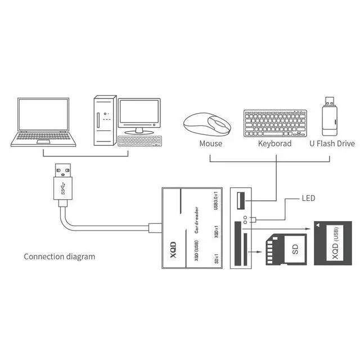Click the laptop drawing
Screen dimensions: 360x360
[x=43, y=122]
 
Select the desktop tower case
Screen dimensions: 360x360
[x=105, y=120]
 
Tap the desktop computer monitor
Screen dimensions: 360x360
[x=139, y=116]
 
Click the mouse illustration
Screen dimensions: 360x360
[x=207, y=124]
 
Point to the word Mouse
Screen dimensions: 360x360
[x=211, y=144]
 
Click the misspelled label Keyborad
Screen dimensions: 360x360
[x=275, y=144]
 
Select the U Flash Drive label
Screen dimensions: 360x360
[x=332, y=144]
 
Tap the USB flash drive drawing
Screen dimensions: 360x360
[x=330, y=116]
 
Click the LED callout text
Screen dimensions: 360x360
[x=308, y=198]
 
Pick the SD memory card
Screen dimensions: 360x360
[x=286, y=249]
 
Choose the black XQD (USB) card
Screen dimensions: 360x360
[x=333, y=244]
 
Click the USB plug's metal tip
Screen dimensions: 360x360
[x=62, y=170]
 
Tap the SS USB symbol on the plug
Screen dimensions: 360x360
[x=63, y=188]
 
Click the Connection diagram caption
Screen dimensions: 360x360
[x=60, y=256]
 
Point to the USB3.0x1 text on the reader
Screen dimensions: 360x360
[x=216, y=200]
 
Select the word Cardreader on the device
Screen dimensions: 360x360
[x=196, y=220]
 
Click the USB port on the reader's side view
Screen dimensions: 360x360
[x=241, y=201]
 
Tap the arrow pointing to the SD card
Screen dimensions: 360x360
[x=255, y=252]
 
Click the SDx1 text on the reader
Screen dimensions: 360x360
[x=216, y=259]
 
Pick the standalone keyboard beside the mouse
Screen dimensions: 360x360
[x=275, y=123]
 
